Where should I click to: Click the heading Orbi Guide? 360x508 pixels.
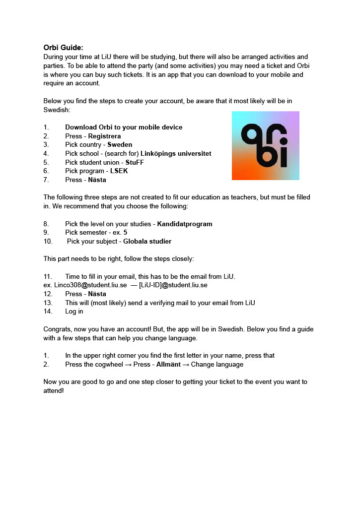(63, 48)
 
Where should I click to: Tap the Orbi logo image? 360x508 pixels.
(265, 145)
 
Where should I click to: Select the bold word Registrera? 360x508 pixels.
(104, 136)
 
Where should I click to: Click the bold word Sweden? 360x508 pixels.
(120, 145)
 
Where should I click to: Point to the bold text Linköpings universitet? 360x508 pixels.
(176, 153)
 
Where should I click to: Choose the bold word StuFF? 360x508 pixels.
(135, 162)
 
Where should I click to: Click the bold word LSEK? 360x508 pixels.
(119, 171)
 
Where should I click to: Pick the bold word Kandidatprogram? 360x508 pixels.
(185, 224)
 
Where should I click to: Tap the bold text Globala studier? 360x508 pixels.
(147, 241)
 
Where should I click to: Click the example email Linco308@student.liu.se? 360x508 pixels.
(85, 285)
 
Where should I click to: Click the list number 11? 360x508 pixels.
(48, 276)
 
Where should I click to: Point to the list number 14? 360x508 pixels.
(48, 312)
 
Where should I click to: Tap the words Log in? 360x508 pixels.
(74, 312)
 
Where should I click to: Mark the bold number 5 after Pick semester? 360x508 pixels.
(126, 232)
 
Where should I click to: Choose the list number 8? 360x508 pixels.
(46, 224)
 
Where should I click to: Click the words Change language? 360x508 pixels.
(217, 364)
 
